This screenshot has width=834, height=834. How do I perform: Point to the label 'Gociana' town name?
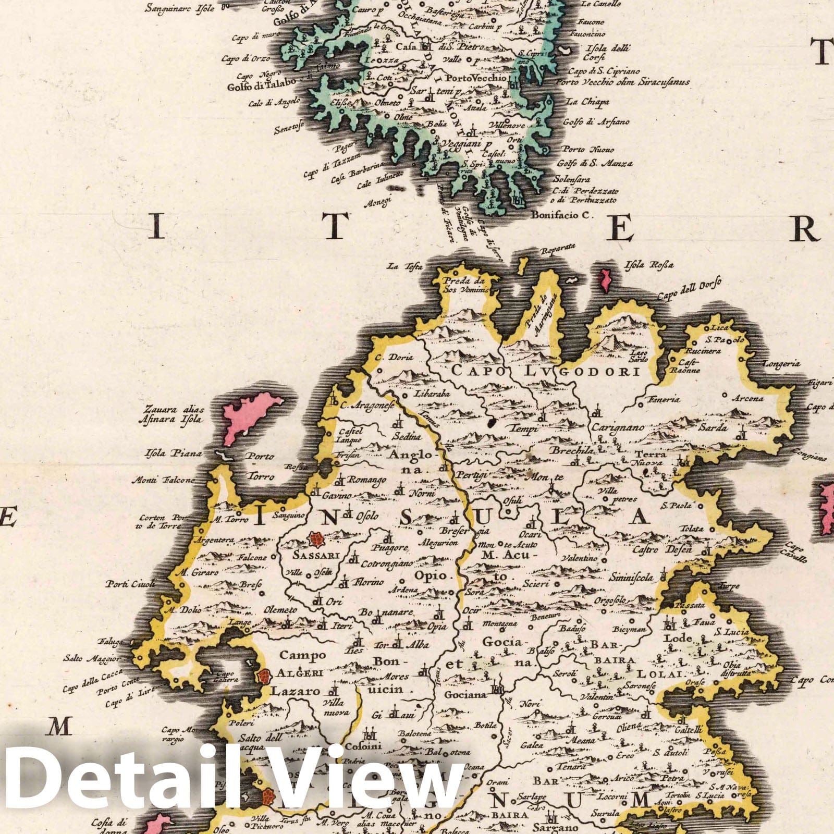point(465,695)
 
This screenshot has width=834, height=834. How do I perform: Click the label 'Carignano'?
point(618,427)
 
